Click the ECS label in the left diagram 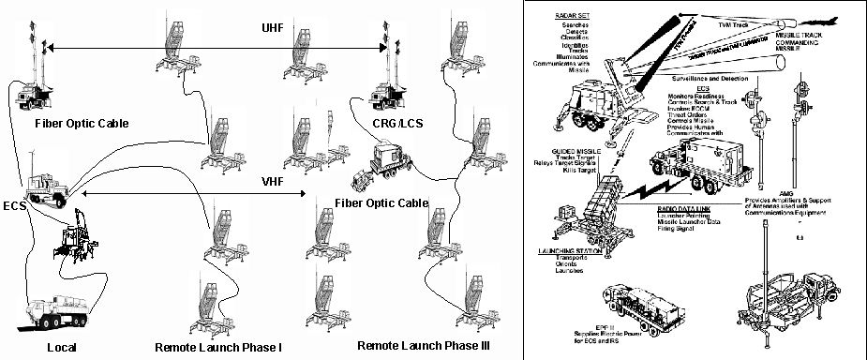click(x=13, y=202)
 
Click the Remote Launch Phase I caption click(x=217, y=347)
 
